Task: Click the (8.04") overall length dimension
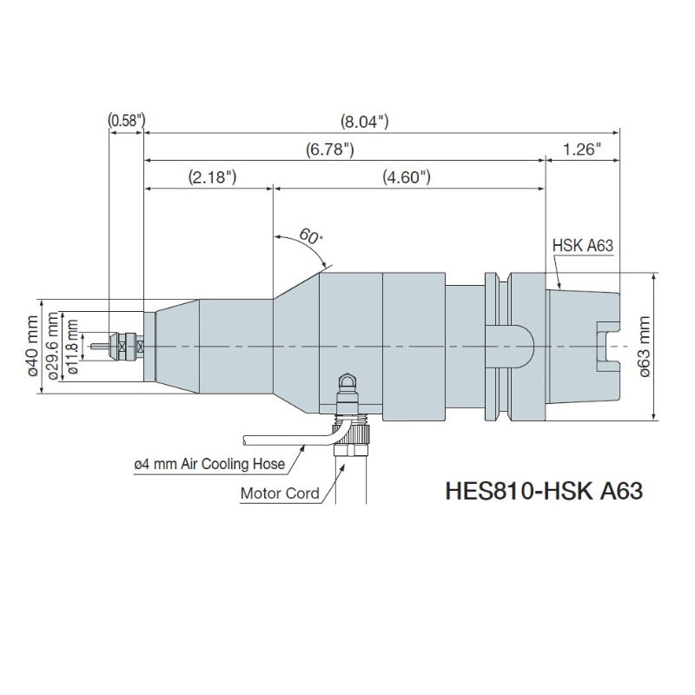tap(364, 122)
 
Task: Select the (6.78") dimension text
tap(330, 149)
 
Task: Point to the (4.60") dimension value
tap(407, 177)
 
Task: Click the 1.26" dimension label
tap(582, 149)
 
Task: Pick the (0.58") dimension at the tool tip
tap(125, 122)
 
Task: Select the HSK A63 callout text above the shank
tap(583, 246)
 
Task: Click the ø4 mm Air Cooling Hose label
tap(209, 465)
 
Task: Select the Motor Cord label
tap(280, 494)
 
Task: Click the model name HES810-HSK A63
tap(544, 491)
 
